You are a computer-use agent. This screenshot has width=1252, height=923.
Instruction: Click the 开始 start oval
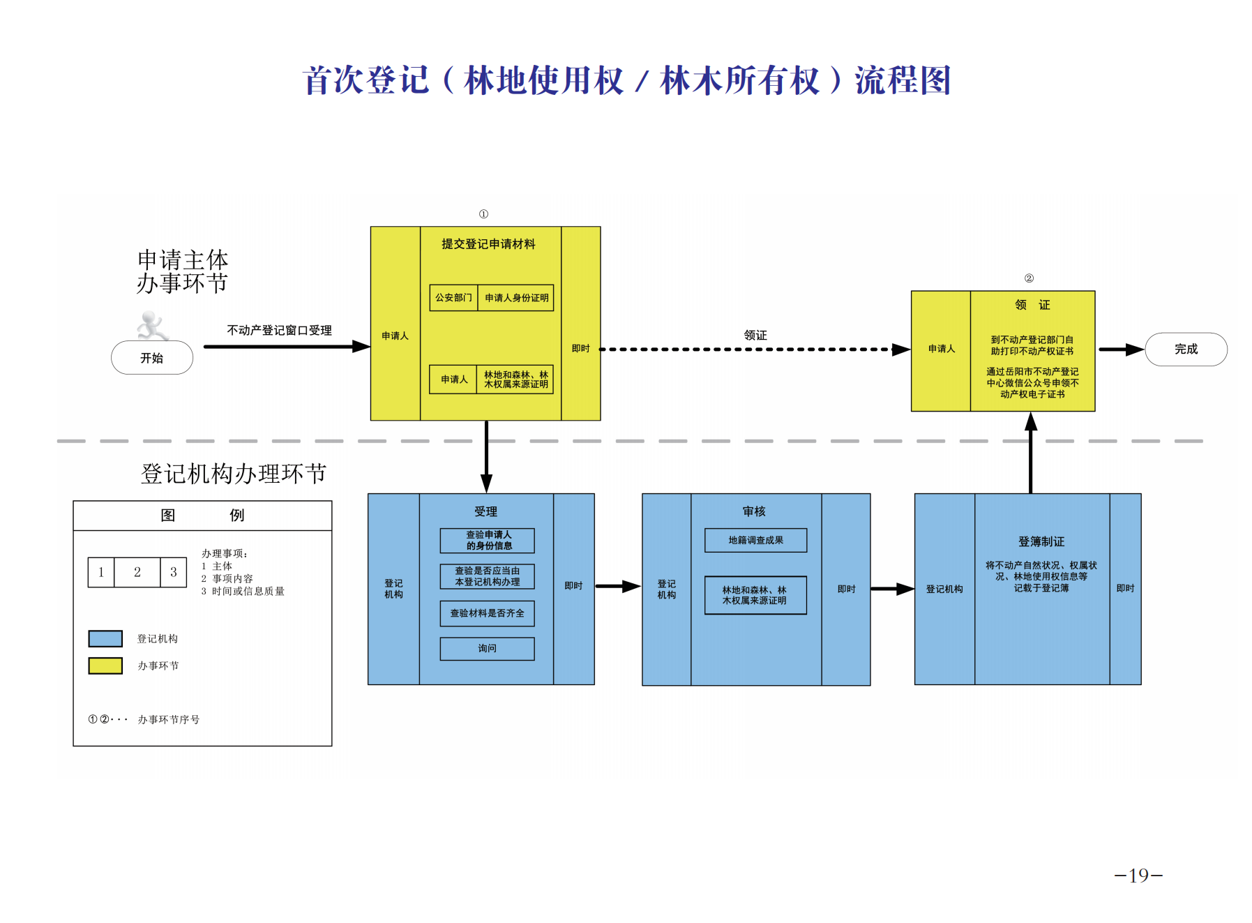[152, 358]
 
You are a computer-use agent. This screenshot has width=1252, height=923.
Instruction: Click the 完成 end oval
[1186, 350]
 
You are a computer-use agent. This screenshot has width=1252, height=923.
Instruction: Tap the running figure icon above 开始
[151, 326]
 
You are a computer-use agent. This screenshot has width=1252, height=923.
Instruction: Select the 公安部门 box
[453, 298]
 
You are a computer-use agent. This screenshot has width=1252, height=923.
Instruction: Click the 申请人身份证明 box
[516, 298]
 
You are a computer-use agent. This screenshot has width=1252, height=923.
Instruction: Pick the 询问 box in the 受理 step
[487, 649]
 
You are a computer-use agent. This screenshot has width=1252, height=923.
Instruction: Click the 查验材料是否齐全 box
[487, 613]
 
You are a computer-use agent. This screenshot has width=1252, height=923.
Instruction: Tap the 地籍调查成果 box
[755, 540]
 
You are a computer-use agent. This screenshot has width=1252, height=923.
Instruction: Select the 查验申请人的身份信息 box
[487, 541]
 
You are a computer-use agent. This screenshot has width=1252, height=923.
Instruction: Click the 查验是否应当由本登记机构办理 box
[487, 576]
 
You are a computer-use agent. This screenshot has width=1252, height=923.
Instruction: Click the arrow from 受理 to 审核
[617, 587]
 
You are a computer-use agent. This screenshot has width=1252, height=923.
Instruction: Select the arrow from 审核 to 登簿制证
[892, 589]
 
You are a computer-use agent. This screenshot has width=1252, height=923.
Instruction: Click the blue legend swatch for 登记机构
[105, 638]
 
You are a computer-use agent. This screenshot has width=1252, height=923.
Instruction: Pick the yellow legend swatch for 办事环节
[105, 666]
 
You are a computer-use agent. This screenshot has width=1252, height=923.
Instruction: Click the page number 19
[1138, 876]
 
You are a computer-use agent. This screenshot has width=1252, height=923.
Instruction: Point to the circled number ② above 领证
[1029, 278]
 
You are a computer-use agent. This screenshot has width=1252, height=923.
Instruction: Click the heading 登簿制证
[1041, 541]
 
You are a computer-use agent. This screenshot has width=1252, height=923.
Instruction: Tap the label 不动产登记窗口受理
[279, 331]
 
